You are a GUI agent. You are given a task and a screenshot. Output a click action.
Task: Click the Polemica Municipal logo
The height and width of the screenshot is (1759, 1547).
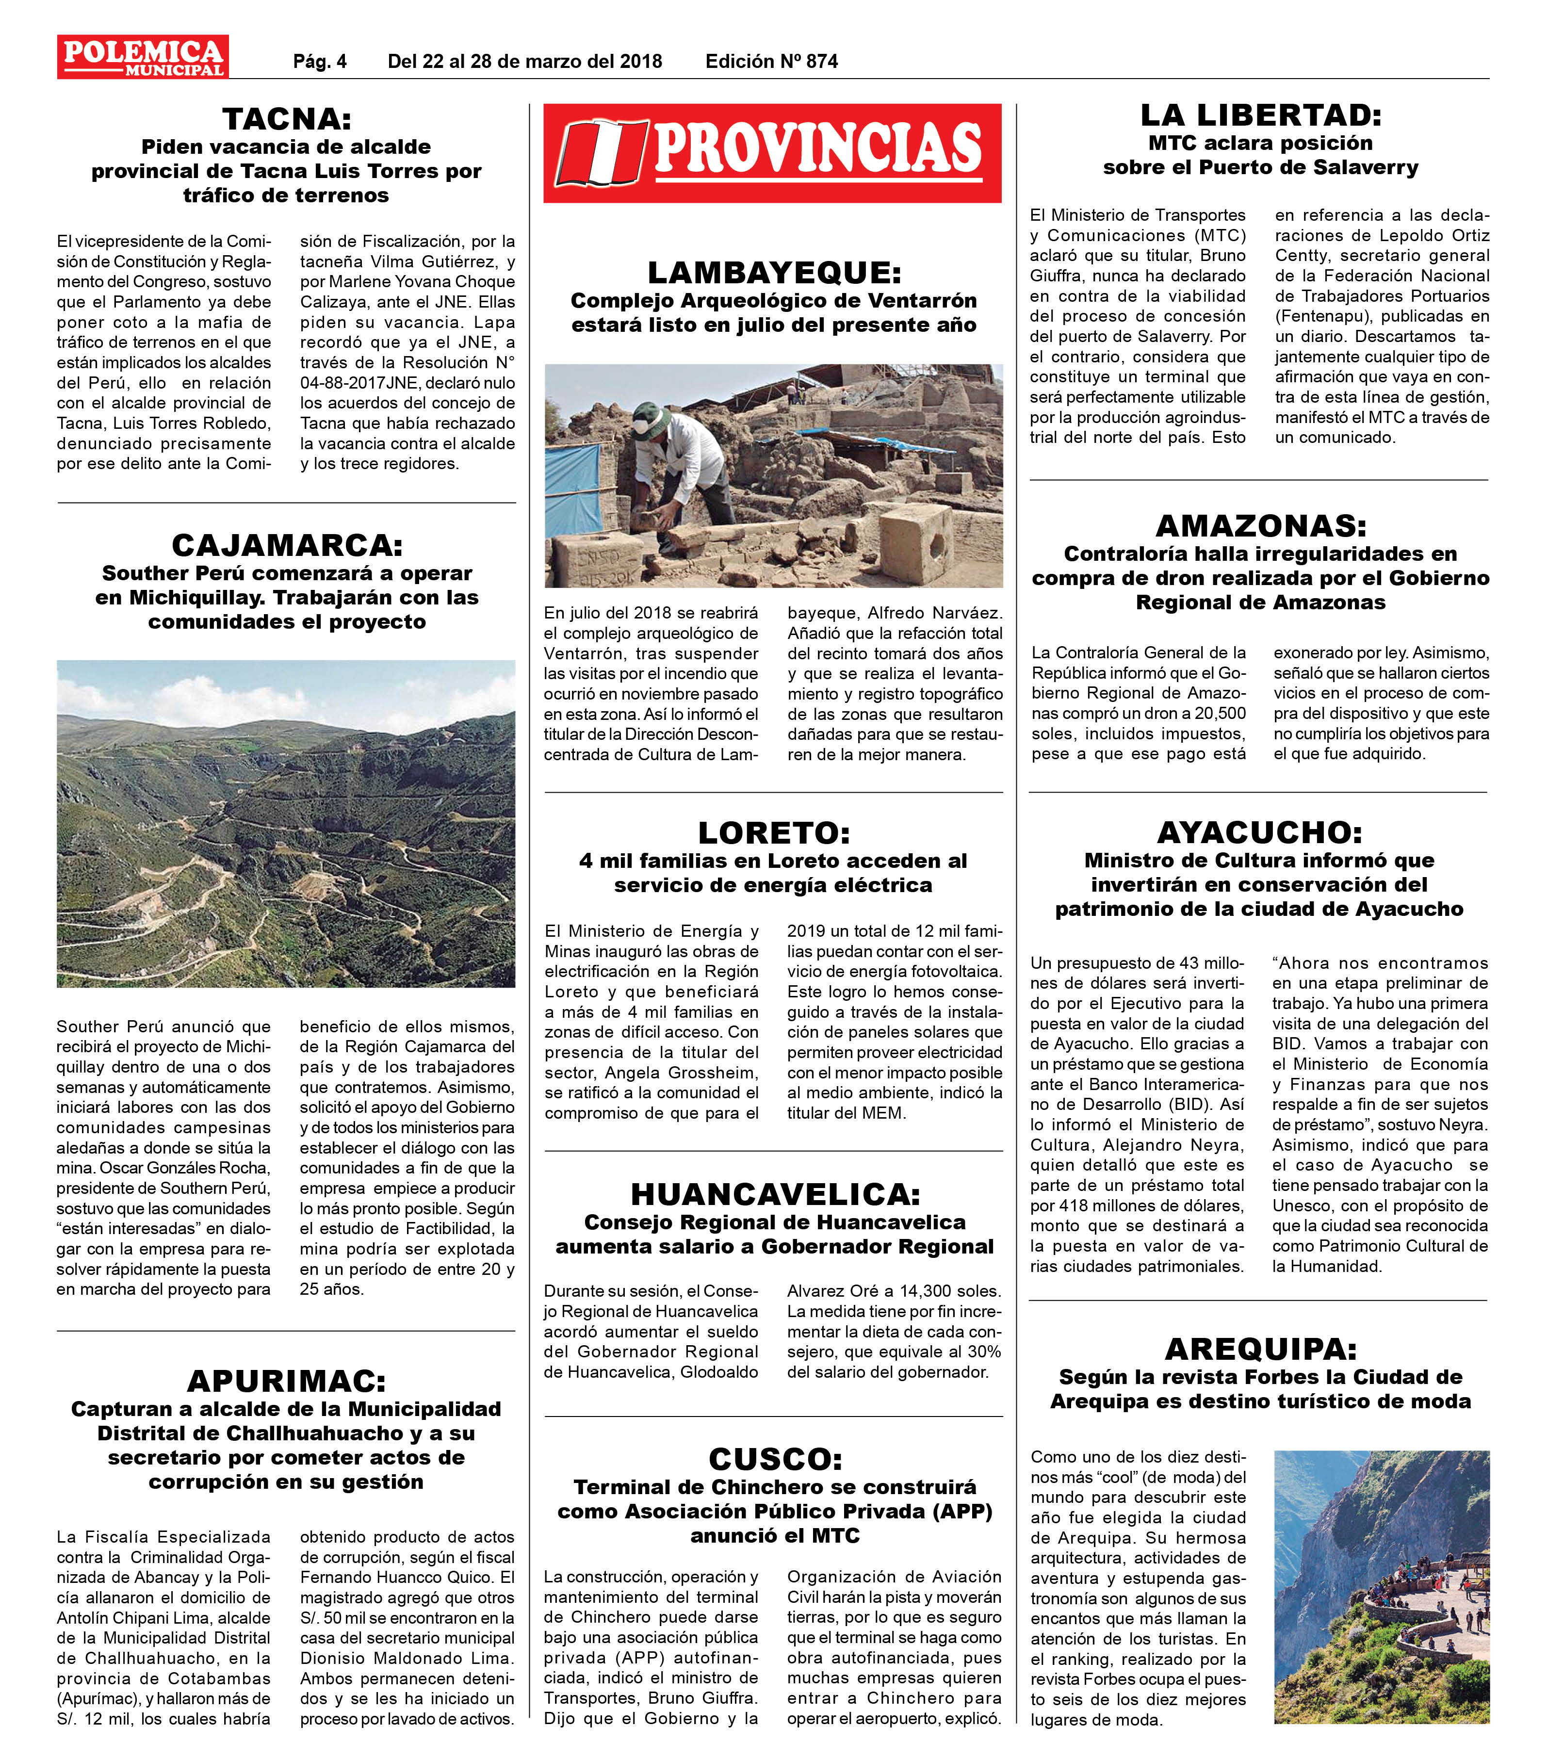(x=143, y=57)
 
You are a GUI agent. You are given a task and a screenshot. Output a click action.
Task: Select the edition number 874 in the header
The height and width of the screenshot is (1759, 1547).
(x=822, y=61)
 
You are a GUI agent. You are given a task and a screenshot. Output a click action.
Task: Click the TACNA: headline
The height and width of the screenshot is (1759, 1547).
(x=287, y=118)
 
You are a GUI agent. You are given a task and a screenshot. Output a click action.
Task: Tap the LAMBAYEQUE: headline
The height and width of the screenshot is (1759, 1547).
(x=773, y=273)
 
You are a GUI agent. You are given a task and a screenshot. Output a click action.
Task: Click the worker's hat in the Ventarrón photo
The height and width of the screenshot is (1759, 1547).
(x=651, y=419)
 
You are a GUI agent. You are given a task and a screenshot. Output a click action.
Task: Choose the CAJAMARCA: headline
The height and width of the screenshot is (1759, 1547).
(x=287, y=545)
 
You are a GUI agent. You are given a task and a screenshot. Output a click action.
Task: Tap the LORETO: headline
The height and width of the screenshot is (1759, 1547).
(x=773, y=832)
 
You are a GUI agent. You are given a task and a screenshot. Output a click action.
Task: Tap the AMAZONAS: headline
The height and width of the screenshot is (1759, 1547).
(x=1260, y=525)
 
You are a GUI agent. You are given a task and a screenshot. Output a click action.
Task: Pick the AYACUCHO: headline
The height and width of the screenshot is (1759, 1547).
(x=1260, y=832)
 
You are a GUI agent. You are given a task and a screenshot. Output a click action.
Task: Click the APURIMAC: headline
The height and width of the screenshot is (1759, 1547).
(x=287, y=1381)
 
